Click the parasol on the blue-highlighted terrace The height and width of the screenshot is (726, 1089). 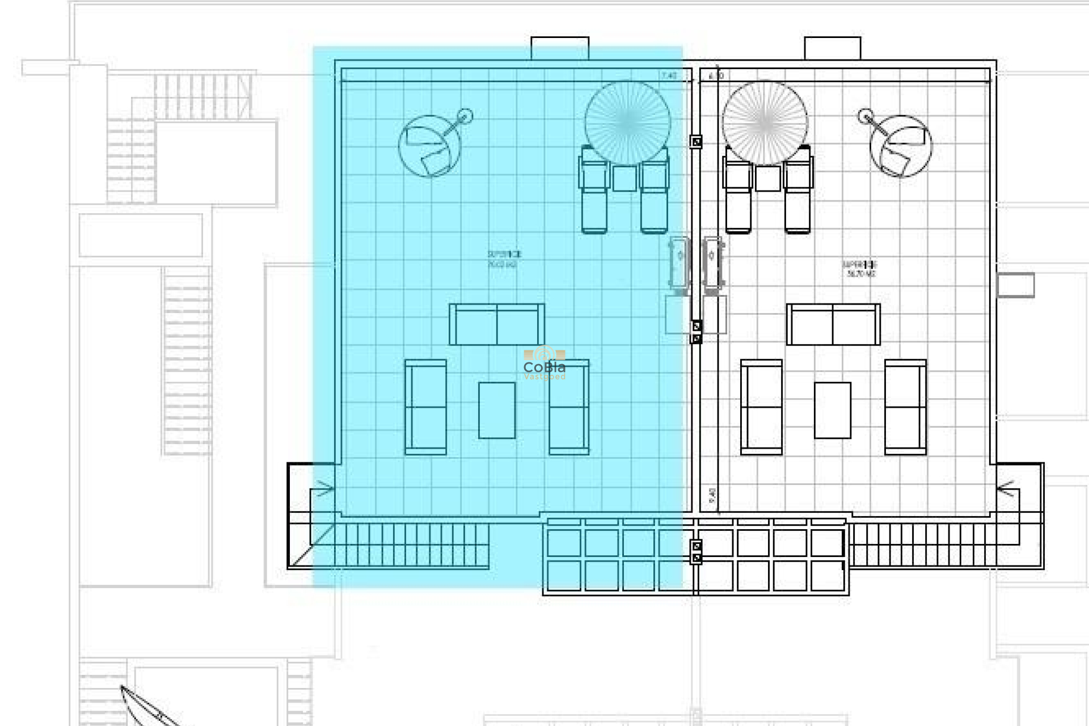click(627, 122)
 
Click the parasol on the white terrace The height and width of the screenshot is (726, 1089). click(765, 122)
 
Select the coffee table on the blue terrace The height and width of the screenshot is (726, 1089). click(497, 410)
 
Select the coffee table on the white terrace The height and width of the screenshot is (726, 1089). click(832, 410)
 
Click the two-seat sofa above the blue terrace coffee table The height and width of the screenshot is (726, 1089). click(497, 324)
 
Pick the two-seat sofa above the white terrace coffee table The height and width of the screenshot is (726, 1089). click(833, 324)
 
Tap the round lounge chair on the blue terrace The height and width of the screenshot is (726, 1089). click(429, 147)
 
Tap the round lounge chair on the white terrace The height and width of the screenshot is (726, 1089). click(901, 146)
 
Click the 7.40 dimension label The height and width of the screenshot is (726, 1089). click(669, 75)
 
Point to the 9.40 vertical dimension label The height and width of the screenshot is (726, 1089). click(712, 495)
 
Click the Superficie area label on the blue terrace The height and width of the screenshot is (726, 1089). click(504, 259)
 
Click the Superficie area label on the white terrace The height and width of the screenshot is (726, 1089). click(860, 269)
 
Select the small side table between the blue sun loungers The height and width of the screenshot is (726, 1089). click(624, 178)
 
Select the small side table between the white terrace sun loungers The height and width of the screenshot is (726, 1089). click(767, 178)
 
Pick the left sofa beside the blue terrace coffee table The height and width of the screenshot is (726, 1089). click(425, 407)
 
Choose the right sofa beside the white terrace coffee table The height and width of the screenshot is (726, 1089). click(905, 407)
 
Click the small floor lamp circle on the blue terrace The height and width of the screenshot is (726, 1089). click(465, 116)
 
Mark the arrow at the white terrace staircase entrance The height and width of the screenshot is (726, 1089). click(1006, 488)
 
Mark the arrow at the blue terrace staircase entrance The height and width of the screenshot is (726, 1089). click(324, 488)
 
